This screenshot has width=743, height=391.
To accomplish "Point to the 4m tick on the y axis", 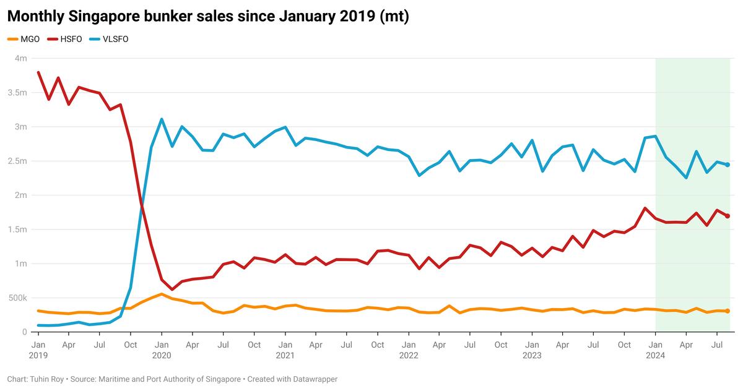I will [x=20, y=59].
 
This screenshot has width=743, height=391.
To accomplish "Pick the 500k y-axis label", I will [x=17, y=298].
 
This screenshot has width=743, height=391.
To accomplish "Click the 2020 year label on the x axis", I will [x=162, y=356].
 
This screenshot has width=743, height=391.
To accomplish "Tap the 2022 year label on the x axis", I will [x=409, y=356].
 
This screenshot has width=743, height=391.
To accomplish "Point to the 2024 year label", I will [x=655, y=356].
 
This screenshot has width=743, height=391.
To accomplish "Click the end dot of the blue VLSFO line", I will [x=728, y=165].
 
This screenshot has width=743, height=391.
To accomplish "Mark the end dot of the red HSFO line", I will [x=728, y=216].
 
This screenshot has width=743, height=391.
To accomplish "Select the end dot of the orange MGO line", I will [x=728, y=311].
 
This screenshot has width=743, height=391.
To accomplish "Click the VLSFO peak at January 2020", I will [x=162, y=119].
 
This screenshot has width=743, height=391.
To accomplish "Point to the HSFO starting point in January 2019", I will [x=38, y=72].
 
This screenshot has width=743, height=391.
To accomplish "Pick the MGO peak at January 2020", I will [x=162, y=294].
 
